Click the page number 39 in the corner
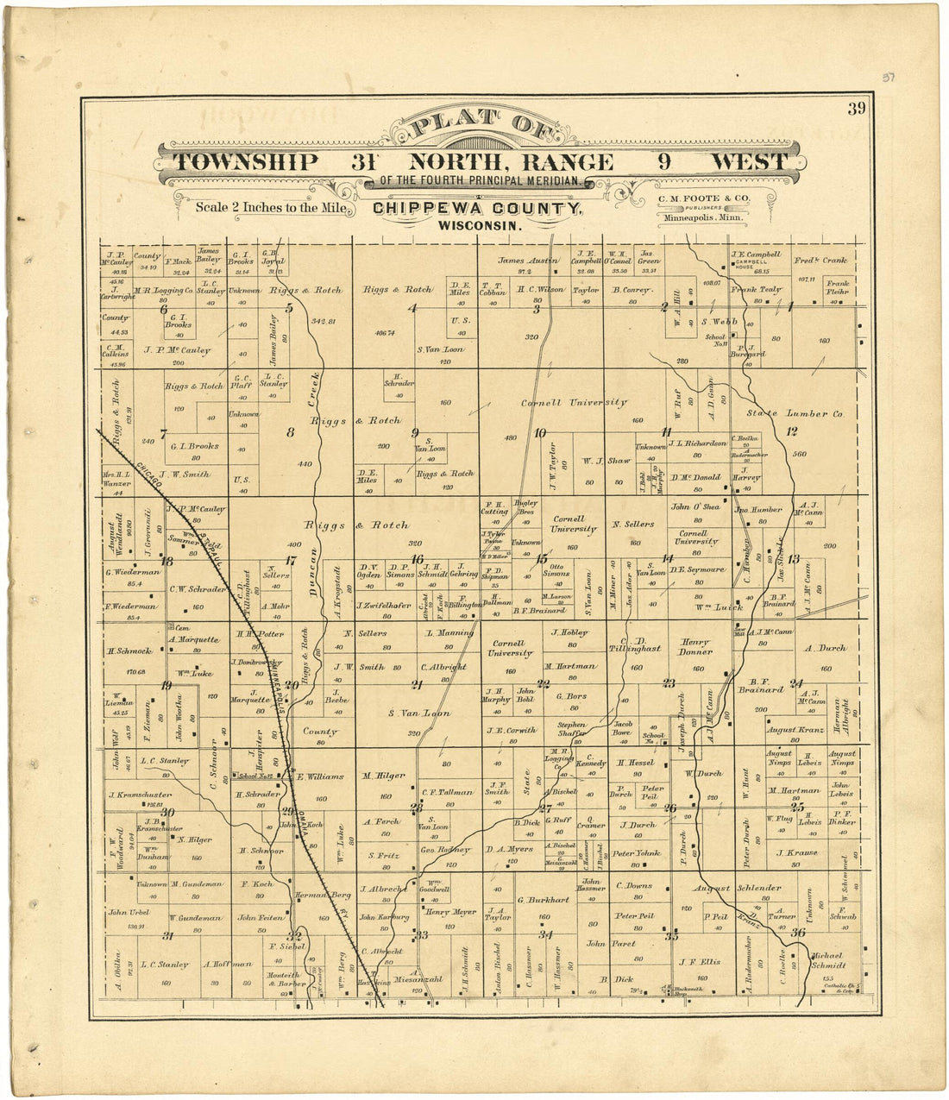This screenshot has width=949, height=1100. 855,109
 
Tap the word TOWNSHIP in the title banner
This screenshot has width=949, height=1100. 245,162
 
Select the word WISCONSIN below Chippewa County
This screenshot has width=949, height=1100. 481,225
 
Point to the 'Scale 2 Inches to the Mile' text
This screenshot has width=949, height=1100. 271,207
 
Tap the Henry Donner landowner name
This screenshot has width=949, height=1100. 694,647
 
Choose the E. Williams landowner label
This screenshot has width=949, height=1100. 320,776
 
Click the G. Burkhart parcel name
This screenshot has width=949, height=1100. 543,900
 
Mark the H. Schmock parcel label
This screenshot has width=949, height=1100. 130,651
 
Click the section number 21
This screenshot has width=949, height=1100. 417,685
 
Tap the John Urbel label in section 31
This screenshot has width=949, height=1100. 129,912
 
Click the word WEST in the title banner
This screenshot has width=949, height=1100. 748,162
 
